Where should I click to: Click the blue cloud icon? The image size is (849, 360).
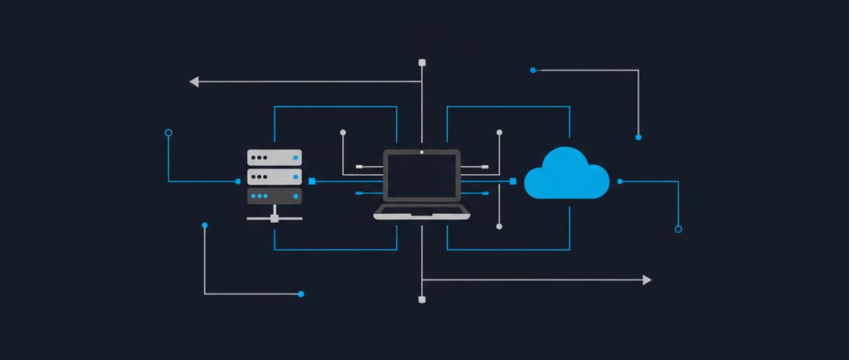pyautogui.click(x=567, y=175)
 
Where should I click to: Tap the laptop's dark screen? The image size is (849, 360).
pyautogui.click(x=421, y=178)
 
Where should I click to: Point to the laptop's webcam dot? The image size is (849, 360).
pyautogui.click(x=421, y=153)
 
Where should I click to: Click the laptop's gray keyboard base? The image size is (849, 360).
pyautogui.click(x=421, y=213)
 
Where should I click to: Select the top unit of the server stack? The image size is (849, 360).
pyautogui.click(x=274, y=157)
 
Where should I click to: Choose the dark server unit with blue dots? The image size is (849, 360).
pyautogui.click(x=274, y=196)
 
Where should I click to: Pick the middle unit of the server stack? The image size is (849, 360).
pyautogui.click(x=274, y=177)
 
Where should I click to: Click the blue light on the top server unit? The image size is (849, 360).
pyautogui.click(x=294, y=158)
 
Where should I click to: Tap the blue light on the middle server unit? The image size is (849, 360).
pyautogui.click(x=294, y=177)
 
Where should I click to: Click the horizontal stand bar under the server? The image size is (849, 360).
pyautogui.click(x=274, y=219)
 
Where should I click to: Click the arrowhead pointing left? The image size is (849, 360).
pyautogui.click(x=194, y=81)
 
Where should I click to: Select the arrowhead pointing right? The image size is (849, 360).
pyautogui.click(x=647, y=280)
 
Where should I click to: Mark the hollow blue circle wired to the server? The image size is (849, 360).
pyautogui.click(x=168, y=132)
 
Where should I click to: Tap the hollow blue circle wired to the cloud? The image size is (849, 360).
pyautogui.click(x=678, y=228)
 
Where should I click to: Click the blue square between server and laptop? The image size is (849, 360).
pyautogui.click(x=312, y=181)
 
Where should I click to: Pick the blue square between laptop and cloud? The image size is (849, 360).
pyautogui.click(x=513, y=181)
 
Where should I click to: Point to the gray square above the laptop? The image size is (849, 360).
pyautogui.click(x=422, y=62)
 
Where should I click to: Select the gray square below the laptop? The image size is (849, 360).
pyautogui.click(x=422, y=299)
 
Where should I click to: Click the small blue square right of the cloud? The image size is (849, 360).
pyautogui.click(x=620, y=181)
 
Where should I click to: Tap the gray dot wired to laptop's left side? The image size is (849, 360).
pyautogui.click(x=342, y=132)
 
